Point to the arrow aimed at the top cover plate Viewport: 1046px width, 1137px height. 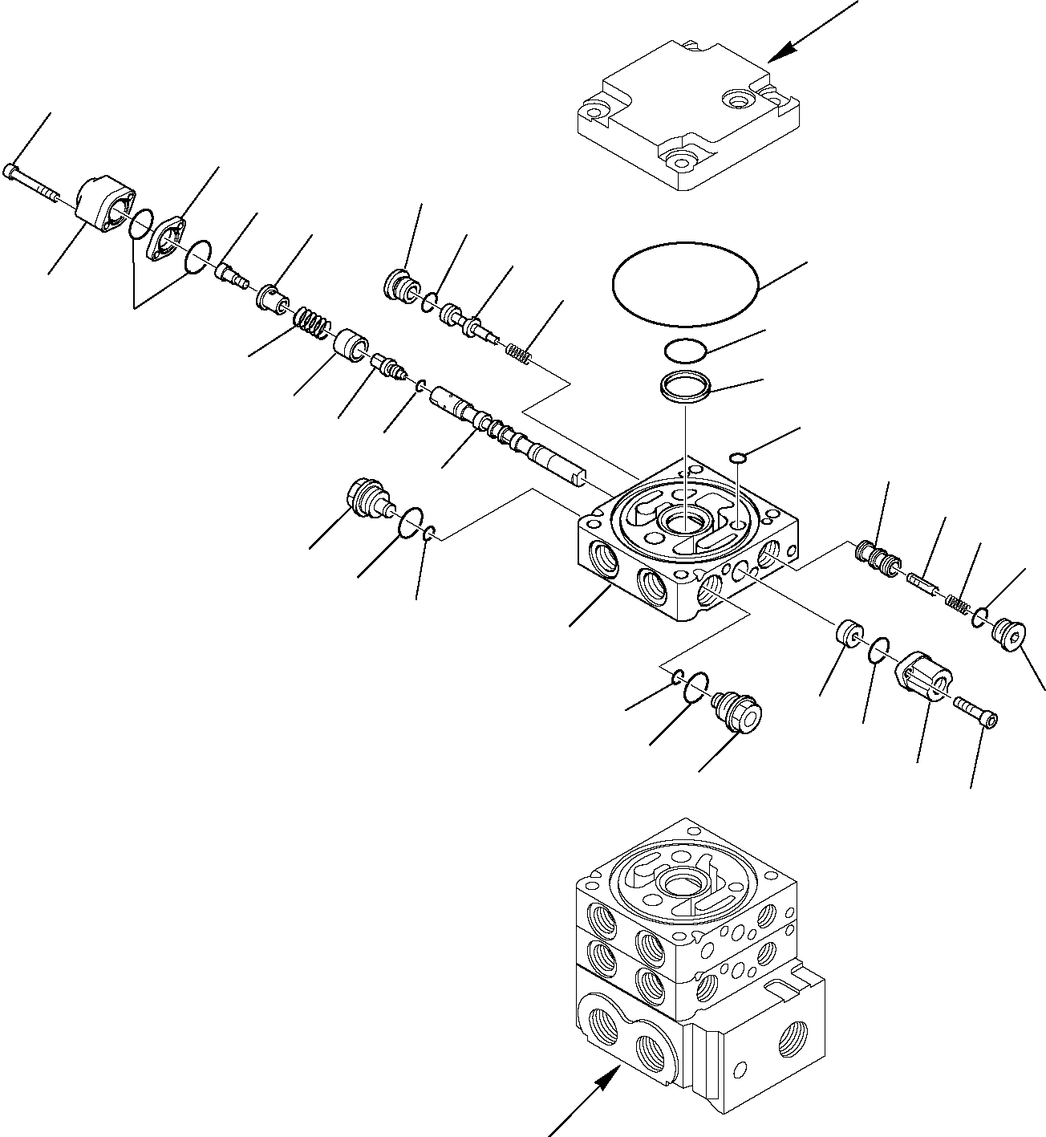810,32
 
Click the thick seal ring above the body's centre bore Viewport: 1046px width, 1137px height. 685,388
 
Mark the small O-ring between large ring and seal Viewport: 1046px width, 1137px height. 684,349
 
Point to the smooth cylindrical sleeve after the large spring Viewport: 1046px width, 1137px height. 351,346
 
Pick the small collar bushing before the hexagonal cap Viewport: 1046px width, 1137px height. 849,634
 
